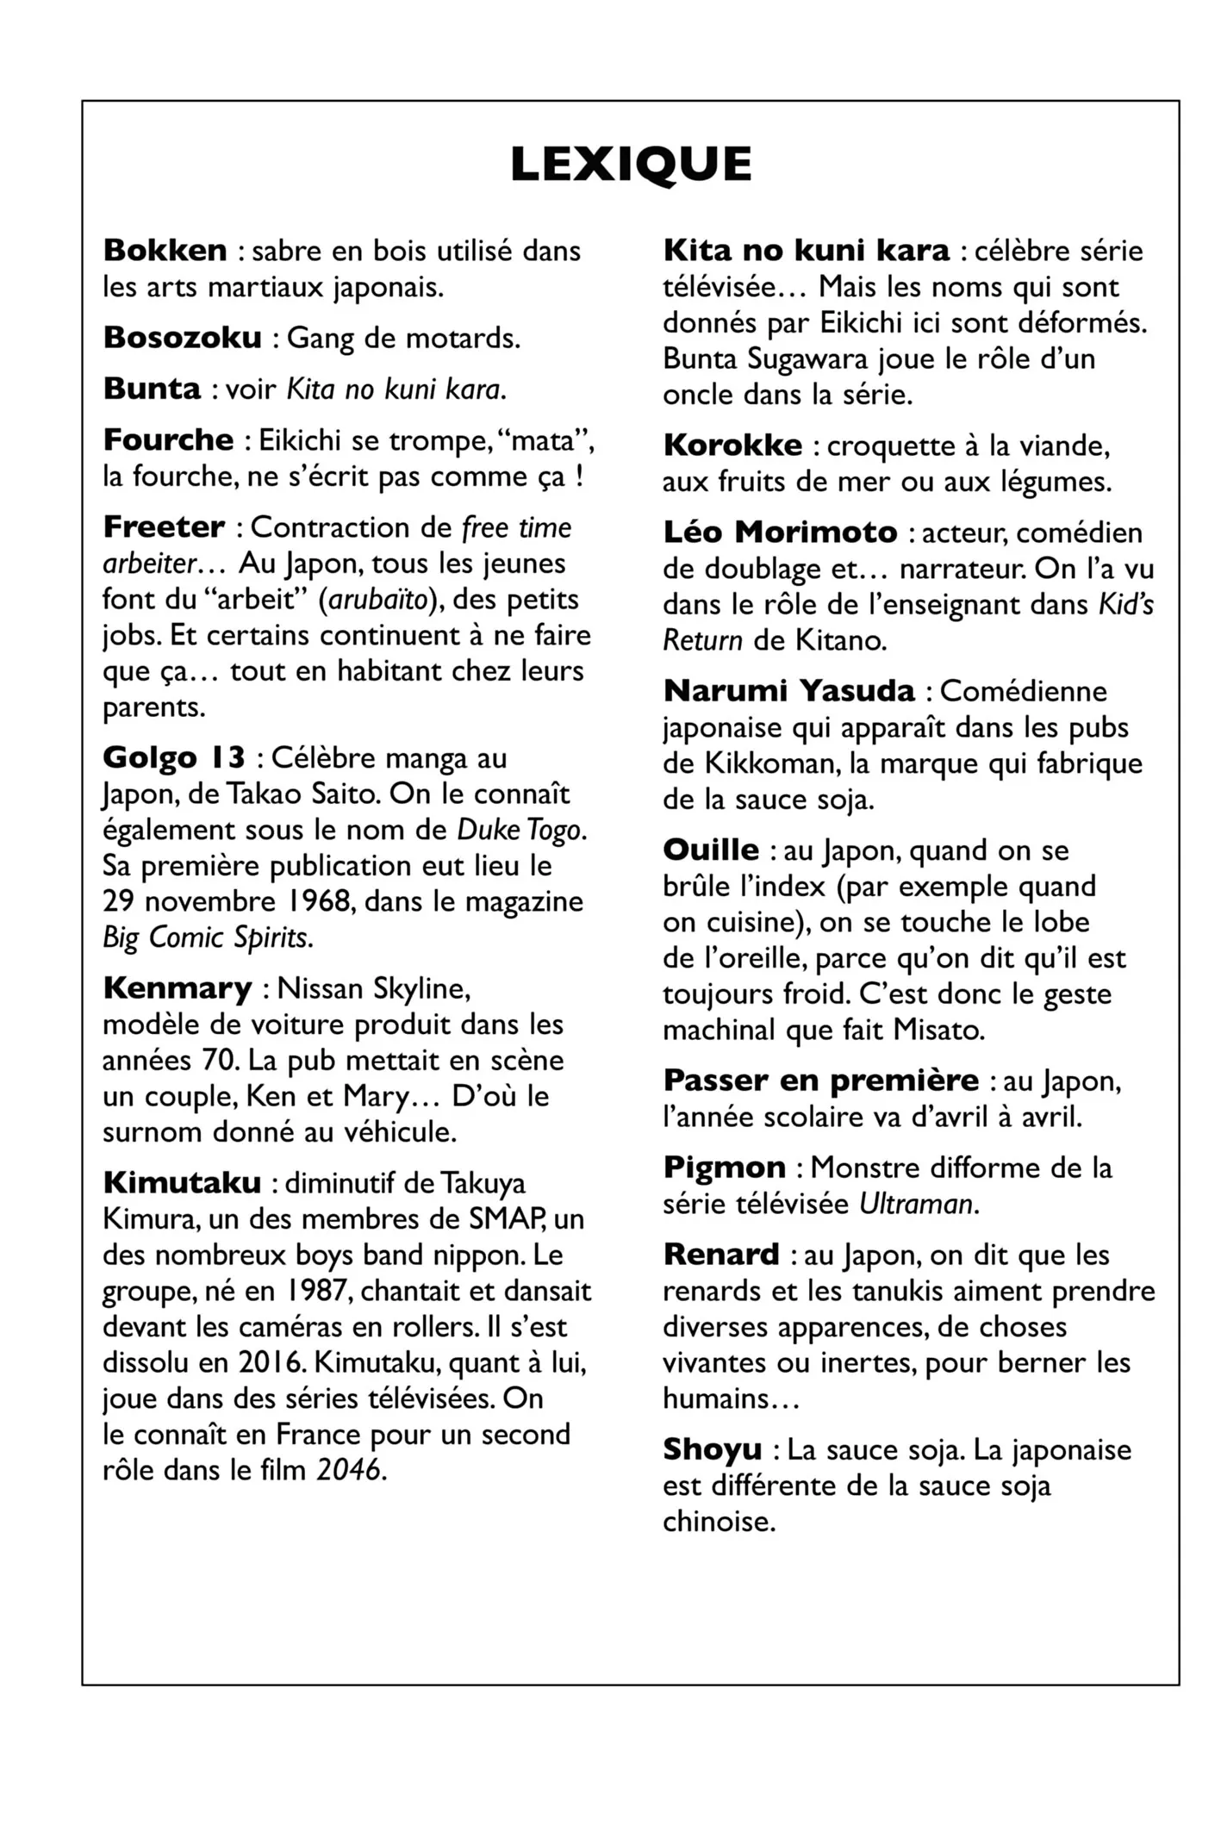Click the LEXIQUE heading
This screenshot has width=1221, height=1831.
coord(631,164)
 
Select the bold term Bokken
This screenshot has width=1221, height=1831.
coord(165,250)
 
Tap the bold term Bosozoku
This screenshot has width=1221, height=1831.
coord(183,337)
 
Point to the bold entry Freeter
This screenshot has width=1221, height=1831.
coord(164,526)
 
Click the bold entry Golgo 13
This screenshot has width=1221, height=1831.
coord(174,757)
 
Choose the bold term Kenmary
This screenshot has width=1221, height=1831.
coord(178,987)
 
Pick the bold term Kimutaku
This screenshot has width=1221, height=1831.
coord(182,1182)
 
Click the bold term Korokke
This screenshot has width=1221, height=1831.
coord(732,445)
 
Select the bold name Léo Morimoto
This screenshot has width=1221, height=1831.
coord(780,532)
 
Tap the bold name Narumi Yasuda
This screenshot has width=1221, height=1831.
coord(789,690)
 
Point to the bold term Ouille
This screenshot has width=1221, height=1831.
coord(711,850)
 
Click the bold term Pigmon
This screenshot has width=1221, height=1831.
coord(725,1167)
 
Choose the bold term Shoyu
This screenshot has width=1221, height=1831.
coord(712,1448)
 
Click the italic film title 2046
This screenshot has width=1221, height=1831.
coord(348,1469)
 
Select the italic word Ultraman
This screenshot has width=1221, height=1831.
coord(916,1203)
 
